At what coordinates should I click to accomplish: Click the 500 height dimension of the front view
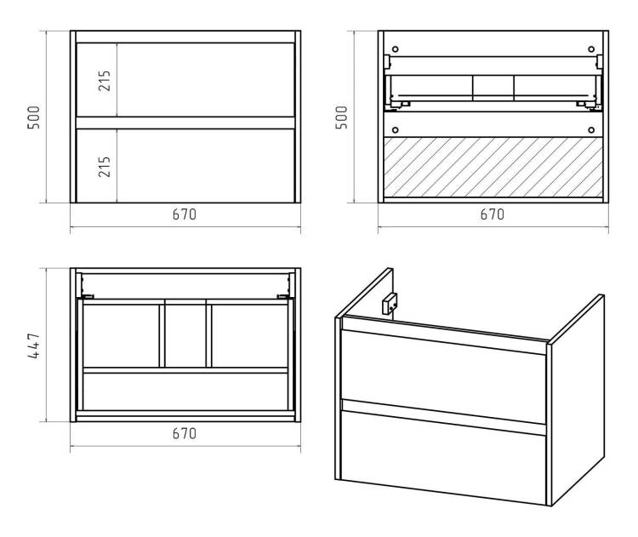[x=34, y=117]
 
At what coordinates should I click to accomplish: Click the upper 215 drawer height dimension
[x=105, y=81]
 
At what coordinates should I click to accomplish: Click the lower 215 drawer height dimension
[x=105, y=167]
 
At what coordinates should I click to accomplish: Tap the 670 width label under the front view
[x=185, y=214]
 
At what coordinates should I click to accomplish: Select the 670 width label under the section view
[x=493, y=214]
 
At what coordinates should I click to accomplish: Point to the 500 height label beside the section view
[x=342, y=117]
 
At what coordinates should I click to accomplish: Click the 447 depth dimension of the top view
[x=34, y=346]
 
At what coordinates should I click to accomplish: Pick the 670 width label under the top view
[x=185, y=433]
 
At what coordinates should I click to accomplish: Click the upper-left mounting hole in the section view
[x=395, y=49]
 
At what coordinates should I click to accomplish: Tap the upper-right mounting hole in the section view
[x=591, y=49]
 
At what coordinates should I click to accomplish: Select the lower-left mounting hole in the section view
[x=395, y=130]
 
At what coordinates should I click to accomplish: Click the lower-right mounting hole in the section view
[x=591, y=130]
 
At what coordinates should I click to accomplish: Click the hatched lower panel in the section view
[x=493, y=168]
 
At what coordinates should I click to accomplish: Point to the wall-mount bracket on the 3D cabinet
[x=389, y=304]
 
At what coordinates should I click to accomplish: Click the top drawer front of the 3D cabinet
[x=443, y=376]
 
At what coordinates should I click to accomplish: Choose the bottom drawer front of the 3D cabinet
[x=443, y=457]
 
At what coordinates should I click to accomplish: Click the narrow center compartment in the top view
[x=185, y=336]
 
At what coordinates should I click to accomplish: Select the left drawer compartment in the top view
[x=121, y=336]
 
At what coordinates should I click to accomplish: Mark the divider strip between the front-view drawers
[x=185, y=123]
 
